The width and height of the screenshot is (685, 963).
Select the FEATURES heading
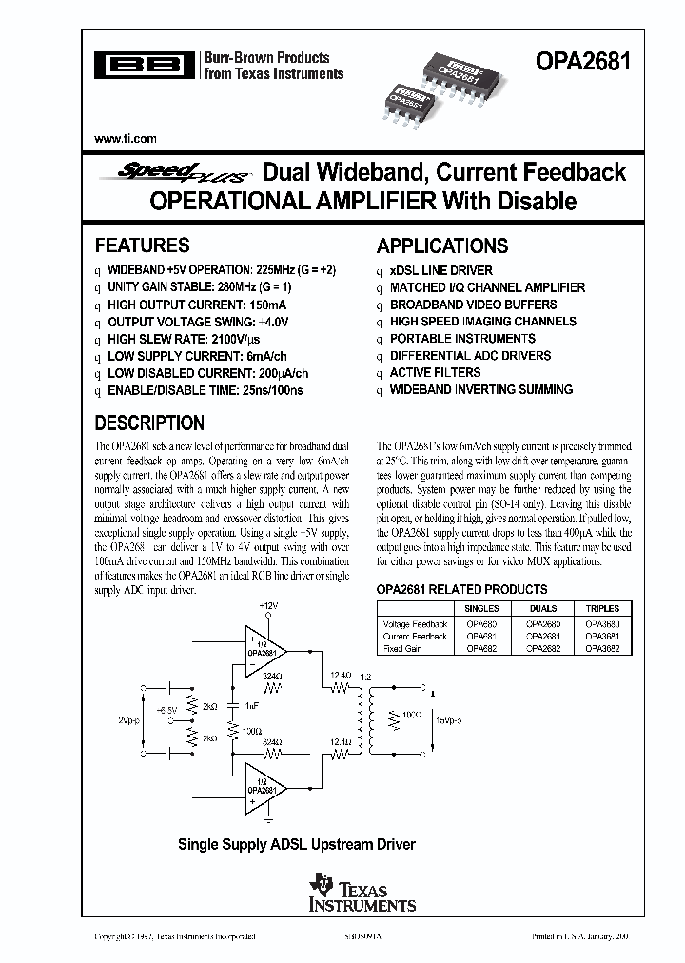pos(143,246)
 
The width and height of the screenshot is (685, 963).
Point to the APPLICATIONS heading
pos(442,246)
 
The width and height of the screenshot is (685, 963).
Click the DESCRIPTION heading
pos(149,423)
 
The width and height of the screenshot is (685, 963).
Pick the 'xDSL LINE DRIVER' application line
pos(441,270)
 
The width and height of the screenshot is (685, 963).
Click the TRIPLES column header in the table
pos(602,608)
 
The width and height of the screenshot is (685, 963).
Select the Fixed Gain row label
pos(403,648)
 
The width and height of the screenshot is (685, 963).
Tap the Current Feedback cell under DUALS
pos(542,637)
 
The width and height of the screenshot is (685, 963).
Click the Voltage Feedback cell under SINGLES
pos(480,624)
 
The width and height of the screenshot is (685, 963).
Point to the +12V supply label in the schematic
pos(269,606)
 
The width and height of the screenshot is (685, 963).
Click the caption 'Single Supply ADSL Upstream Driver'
pos(298,844)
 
